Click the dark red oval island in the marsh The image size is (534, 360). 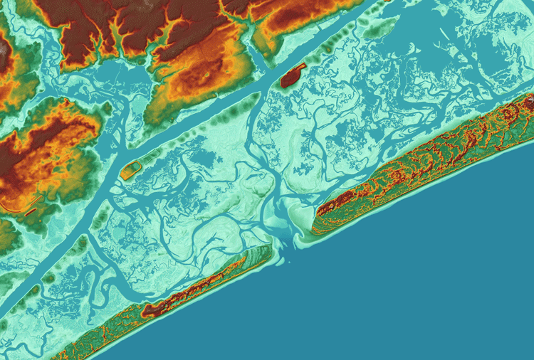point(292,75)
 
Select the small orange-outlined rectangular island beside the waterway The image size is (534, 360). point(130,170)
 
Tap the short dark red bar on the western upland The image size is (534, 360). point(31,211)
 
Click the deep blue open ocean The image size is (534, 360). point(427,285)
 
